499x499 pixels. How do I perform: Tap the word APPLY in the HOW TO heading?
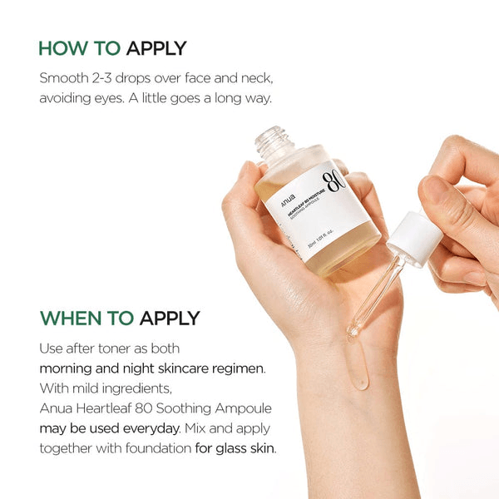[156, 47]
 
